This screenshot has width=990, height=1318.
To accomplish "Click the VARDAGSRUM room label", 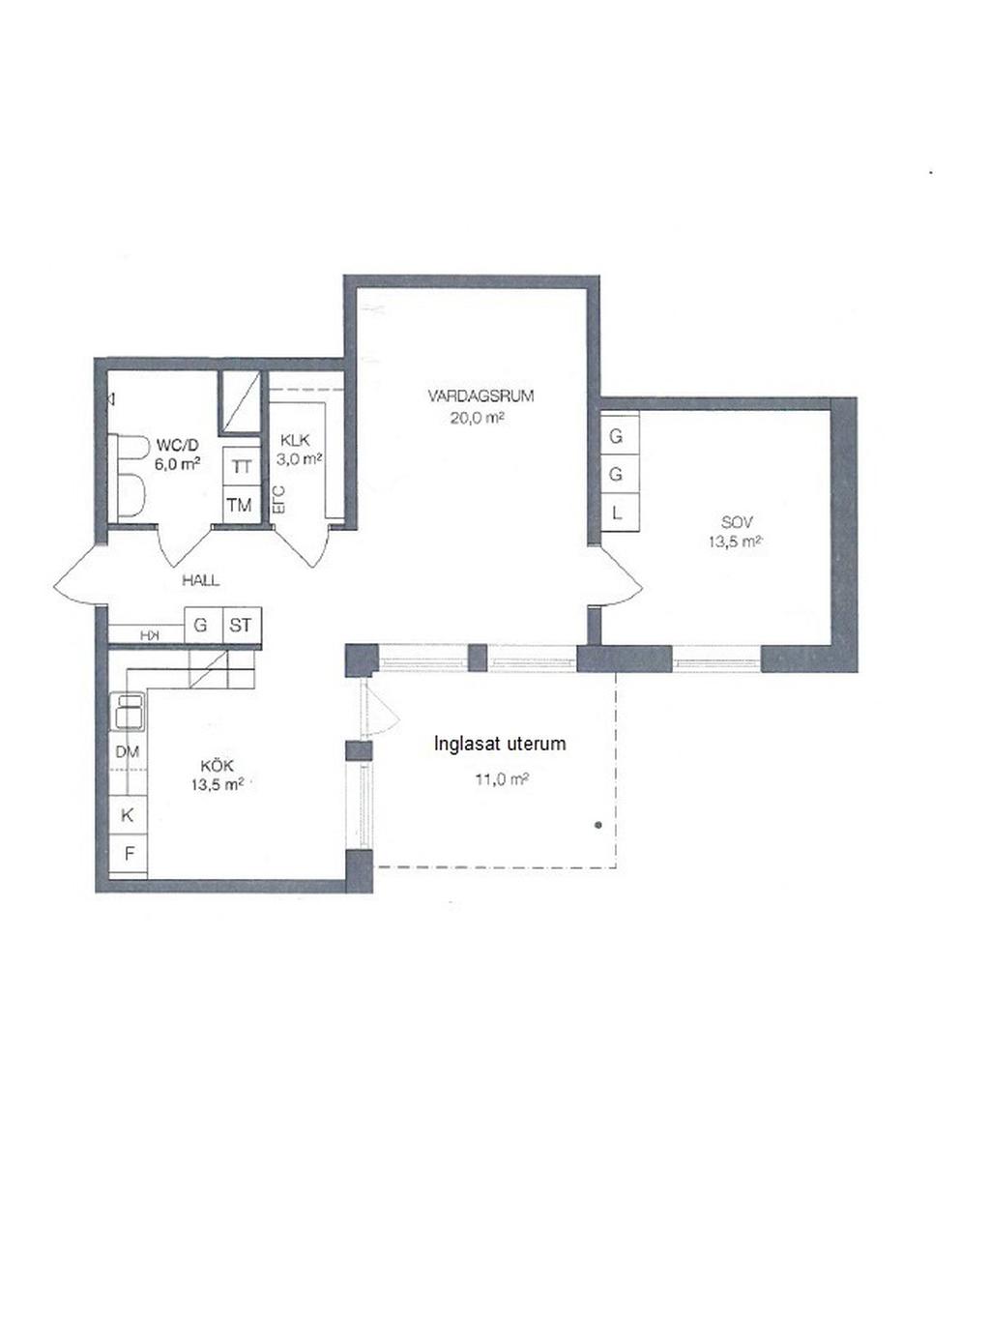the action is pyautogui.click(x=480, y=395).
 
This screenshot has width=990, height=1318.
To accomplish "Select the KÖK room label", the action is pyautogui.click(x=218, y=766).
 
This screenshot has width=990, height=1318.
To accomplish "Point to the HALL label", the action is pyautogui.click(x=201, y=580).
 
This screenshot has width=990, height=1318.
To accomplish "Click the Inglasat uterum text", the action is pyautogui.click(x=500, y=744).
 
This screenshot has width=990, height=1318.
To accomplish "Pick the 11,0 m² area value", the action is pyautogui.click(x=502, y=779).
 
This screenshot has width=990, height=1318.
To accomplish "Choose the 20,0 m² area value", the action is pyautogui.click(x=477, y=418).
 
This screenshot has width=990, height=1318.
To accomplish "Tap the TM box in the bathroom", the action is pyautogui.click(x=242, y=505).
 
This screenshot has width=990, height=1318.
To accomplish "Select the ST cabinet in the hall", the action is pyautogui.click(x=242, y=625).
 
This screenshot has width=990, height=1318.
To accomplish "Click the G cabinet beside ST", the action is pyautogui.click(x=203, y=625).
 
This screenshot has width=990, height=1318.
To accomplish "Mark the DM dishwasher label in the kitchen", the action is pyautogui.click(x=128, y=751).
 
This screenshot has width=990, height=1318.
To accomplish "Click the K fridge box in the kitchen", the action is pyautogui.click(x=128, y=815).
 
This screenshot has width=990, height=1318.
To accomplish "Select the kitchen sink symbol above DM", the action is pyautogui.click(x=128, y=712).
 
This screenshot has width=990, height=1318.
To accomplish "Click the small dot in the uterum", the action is pyautogui.click(x=597, y=825).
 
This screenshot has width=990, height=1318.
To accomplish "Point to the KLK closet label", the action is pyautogui.click(x=295, y=440).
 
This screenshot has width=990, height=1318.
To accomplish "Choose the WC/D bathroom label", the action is pyautogui.click(x=177, y=445).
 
